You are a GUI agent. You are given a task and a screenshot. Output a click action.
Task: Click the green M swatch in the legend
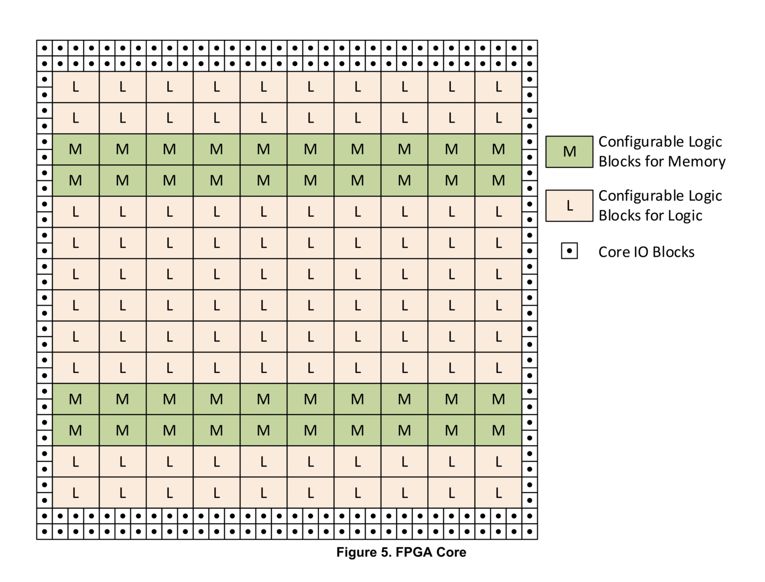tap(569, 151)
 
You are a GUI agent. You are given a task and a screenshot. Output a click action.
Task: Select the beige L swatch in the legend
tap(569, 205)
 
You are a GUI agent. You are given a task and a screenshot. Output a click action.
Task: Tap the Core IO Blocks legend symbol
tap(569, 251)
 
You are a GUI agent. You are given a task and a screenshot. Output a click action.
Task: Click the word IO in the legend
tap(640, 252)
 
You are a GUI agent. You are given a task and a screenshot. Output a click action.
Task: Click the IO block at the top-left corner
tap(44, 48)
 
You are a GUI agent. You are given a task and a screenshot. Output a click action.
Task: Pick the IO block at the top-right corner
tap(529, 48)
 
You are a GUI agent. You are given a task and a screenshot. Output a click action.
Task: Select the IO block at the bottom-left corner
tap(44, 531)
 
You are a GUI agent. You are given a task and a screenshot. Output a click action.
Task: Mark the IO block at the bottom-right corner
tap(529, 531)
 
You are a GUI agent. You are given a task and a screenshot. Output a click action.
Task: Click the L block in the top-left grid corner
tap(76, 87)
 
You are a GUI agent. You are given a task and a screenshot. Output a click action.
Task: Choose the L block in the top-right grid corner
tap(498, 87)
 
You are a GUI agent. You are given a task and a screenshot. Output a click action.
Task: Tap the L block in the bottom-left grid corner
tap(76, 493)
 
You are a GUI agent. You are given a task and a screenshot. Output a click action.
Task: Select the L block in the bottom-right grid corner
tap(498, 493)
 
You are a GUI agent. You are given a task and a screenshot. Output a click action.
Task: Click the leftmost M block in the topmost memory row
tap(76, 149)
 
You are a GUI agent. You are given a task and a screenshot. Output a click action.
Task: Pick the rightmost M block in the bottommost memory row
tap(498, 430)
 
